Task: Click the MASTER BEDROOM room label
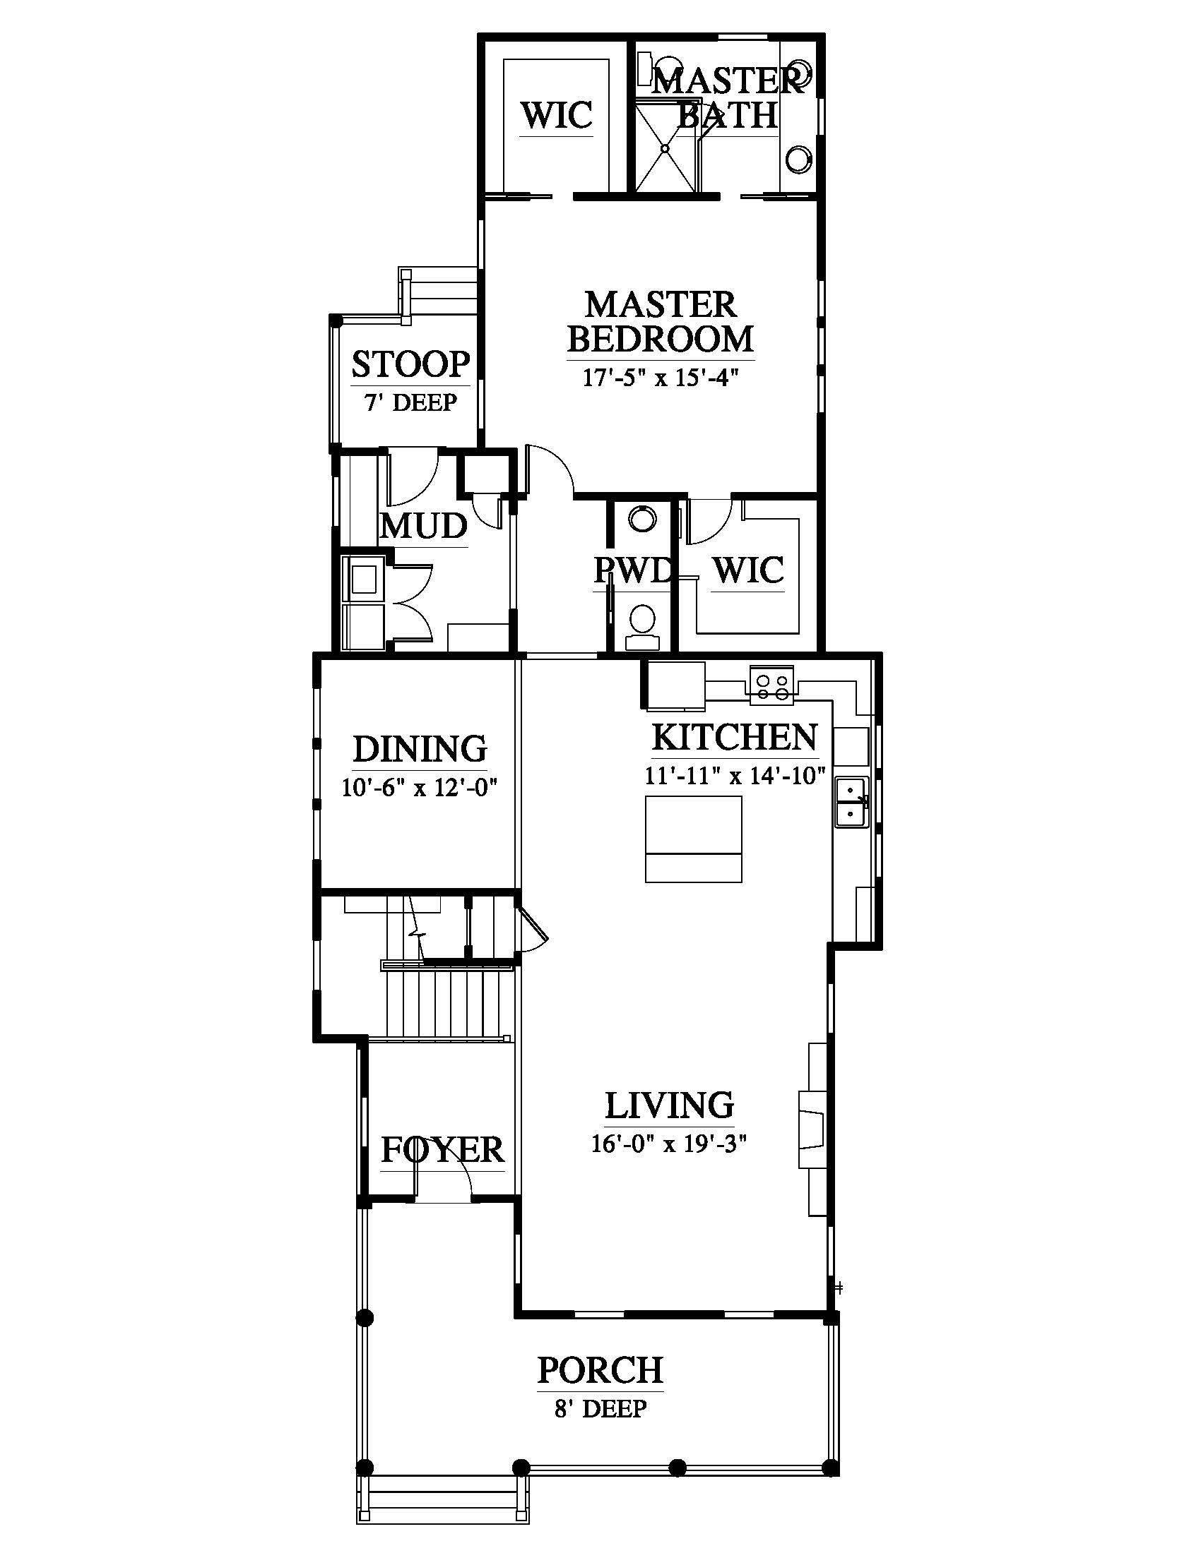[x=661, y=321]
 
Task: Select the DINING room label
[x=420, y=749]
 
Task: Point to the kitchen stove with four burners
[x=772, y=685]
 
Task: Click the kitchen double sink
[x=851, y=802]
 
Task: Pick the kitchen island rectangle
[x=694, y=839]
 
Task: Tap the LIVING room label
[x=670, y=1105]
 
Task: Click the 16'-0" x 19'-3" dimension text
[x=669, y=1144]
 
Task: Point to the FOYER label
[x=442, y=1150]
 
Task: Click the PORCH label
[x=600, y=1369]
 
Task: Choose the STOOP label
[x=410, y=364]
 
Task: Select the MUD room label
[x=423, y=526]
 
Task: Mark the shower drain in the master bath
[x=665, y=149]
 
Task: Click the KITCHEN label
[x=735, y=738]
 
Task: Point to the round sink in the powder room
[x=644, y=518]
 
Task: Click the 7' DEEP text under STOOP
[x=410, y=402]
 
